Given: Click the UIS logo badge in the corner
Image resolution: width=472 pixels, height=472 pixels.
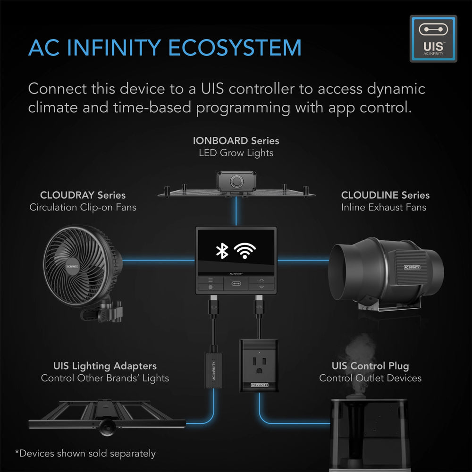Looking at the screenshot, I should tap(433, 39).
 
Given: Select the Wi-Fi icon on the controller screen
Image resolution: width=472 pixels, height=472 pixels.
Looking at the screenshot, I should tap(245, 251).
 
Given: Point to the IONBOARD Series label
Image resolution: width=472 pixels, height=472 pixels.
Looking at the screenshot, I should tap(236, 141).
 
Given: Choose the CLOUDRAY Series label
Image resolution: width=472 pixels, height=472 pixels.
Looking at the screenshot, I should tap(83, 195).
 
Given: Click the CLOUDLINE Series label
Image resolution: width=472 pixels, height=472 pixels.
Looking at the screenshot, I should tap(385, 195).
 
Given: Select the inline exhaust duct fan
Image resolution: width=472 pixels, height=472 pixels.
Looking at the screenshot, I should tap(387, 274).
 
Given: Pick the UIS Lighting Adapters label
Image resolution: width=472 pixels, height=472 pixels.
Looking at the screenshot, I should tap(105, 366).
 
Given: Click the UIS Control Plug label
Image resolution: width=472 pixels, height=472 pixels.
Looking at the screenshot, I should tap(370, 366).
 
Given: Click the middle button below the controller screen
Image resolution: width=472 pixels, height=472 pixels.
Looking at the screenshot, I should tap(236, 283).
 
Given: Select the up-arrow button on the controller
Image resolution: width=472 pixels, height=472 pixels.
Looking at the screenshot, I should tap(261, 279).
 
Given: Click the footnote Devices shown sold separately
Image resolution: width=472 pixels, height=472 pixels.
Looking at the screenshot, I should tap(85, 454).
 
